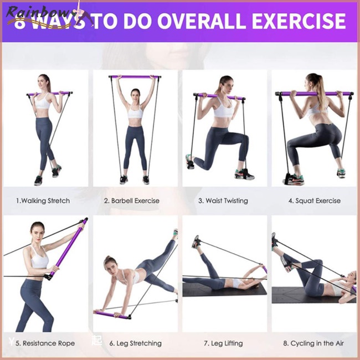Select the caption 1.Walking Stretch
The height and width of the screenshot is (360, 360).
coord(43,200)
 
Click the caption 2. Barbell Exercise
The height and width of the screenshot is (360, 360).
coord(132,200)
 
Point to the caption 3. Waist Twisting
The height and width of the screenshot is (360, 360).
coord(223,200)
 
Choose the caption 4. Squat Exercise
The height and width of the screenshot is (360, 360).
coord(314,200)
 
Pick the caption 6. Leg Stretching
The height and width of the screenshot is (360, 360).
coord(135,343)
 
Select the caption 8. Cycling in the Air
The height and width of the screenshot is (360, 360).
coord(313,343)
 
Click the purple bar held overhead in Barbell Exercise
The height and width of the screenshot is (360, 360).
coord(135,77)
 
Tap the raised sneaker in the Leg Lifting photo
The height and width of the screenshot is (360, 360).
coord(196,241)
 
